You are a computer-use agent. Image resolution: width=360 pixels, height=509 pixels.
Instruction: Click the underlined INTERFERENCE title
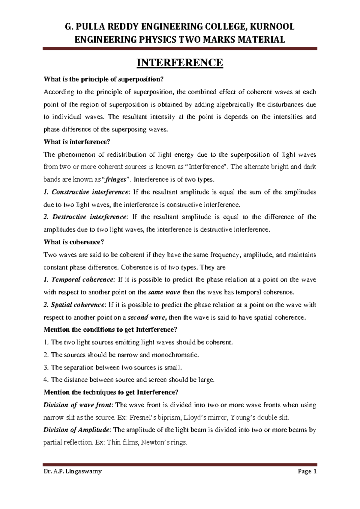coord(180,63)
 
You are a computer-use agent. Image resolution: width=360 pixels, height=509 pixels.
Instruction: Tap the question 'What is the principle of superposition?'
coord(104,80)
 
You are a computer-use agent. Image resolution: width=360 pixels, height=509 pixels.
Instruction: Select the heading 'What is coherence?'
coord(74,242)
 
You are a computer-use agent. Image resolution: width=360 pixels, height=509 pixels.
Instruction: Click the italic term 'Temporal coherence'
coord(82,280)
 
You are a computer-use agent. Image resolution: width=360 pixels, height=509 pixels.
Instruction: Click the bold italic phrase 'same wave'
coord(164,292)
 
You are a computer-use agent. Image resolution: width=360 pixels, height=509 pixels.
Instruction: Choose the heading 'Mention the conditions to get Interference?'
coord(110,330)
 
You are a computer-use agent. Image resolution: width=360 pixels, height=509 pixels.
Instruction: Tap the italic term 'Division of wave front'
coord(77,405)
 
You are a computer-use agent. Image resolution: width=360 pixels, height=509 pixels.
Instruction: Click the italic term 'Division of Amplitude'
coord(76,430)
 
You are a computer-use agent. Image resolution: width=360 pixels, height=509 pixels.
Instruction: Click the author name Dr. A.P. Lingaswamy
coord(73,471)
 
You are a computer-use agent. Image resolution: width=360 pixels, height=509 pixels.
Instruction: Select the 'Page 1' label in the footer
coord(307,471)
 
